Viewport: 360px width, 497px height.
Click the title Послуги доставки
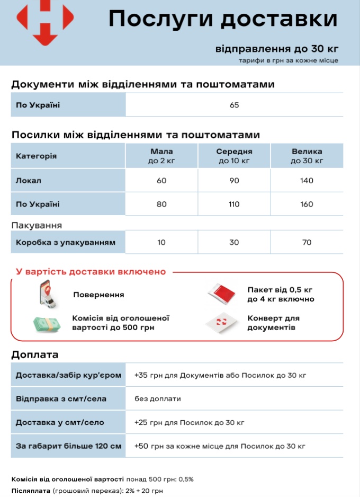tap(223, 19)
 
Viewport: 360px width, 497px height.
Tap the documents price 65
tap(235, 105)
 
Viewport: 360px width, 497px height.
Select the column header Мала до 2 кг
tap(161, 156)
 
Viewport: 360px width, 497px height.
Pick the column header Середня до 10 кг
tap(234, 156)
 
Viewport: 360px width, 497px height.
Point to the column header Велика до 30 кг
tap(307, 156)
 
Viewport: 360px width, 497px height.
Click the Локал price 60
tap(161, 181)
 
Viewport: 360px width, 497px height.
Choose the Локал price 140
tap(307, 181)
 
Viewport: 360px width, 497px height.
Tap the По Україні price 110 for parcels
tap(234, 204)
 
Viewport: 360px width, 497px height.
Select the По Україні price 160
tap(307, 204)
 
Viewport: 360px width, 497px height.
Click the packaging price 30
tap(234, 242)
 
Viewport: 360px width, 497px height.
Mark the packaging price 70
tap(307, 242)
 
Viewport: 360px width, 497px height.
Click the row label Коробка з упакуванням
tap(66, 242)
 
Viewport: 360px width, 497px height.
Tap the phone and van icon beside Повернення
tap(47, 295)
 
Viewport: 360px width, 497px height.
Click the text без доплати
tap(158, 398)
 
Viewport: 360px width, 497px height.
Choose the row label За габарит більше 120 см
tap(68, 446)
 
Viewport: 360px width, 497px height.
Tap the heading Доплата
tap(35, 354)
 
